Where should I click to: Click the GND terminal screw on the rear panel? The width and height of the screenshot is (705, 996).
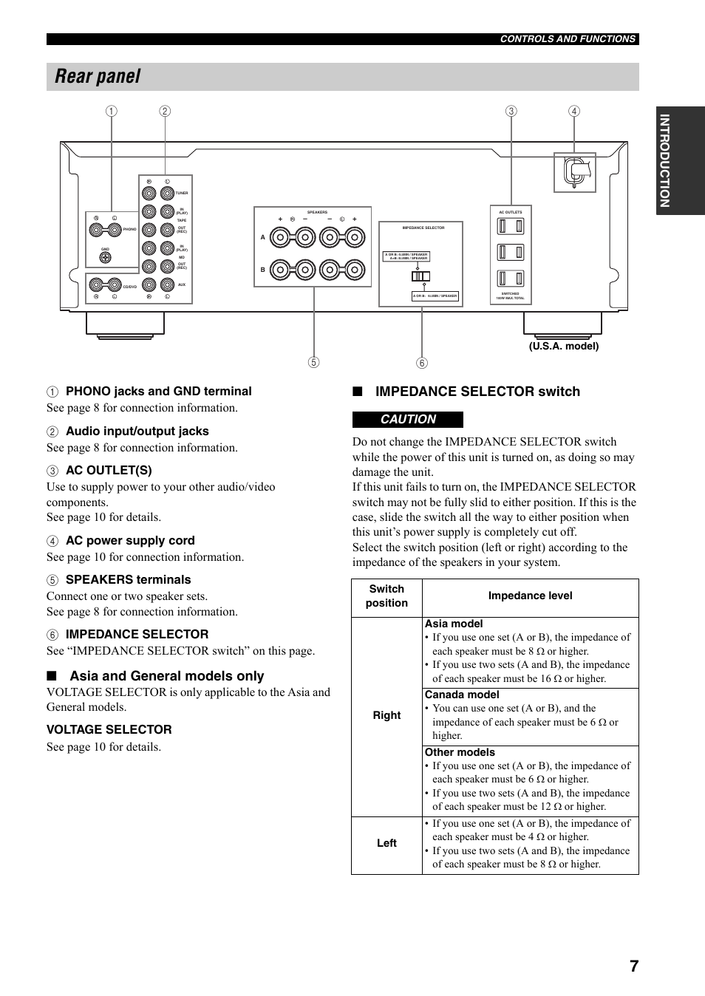105,257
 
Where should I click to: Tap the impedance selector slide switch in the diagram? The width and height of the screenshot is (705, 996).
420,276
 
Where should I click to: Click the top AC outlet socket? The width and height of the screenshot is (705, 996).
510,226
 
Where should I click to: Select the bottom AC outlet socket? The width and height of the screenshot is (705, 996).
510,279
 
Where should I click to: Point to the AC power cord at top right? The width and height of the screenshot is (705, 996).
576,171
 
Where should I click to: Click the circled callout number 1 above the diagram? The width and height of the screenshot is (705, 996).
111,112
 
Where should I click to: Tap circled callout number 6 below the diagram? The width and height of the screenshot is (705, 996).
422,363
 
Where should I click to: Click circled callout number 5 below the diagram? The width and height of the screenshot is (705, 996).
314,363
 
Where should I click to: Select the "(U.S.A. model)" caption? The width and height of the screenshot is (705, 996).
563,346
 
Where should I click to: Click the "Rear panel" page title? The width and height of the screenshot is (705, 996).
98,77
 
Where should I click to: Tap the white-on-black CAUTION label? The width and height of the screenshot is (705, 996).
408,420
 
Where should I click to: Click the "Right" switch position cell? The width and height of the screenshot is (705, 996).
386,715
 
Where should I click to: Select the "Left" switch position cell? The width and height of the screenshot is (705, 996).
386,843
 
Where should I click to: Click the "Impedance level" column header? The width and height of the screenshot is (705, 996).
530,596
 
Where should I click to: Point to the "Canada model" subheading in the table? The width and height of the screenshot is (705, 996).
462,695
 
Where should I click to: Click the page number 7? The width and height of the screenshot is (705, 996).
634,966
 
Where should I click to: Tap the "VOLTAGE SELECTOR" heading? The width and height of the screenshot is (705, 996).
109,729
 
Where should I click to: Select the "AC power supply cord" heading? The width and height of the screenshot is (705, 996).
130,540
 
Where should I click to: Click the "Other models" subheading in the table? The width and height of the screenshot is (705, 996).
460,752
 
